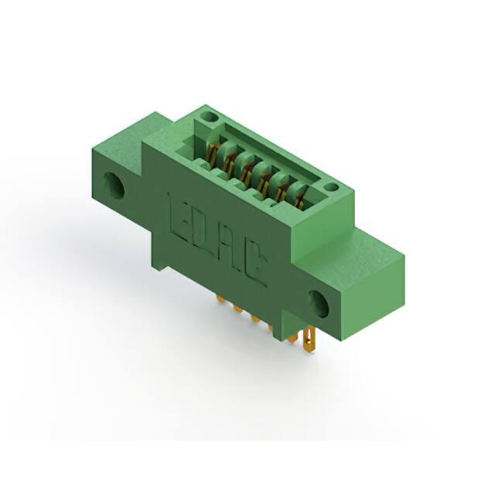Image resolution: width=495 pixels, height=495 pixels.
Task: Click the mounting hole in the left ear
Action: [x=114, y=185]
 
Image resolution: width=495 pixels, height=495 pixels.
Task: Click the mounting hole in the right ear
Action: [x=319, y=304]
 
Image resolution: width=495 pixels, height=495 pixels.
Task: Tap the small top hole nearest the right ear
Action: [x=332, y=187]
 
